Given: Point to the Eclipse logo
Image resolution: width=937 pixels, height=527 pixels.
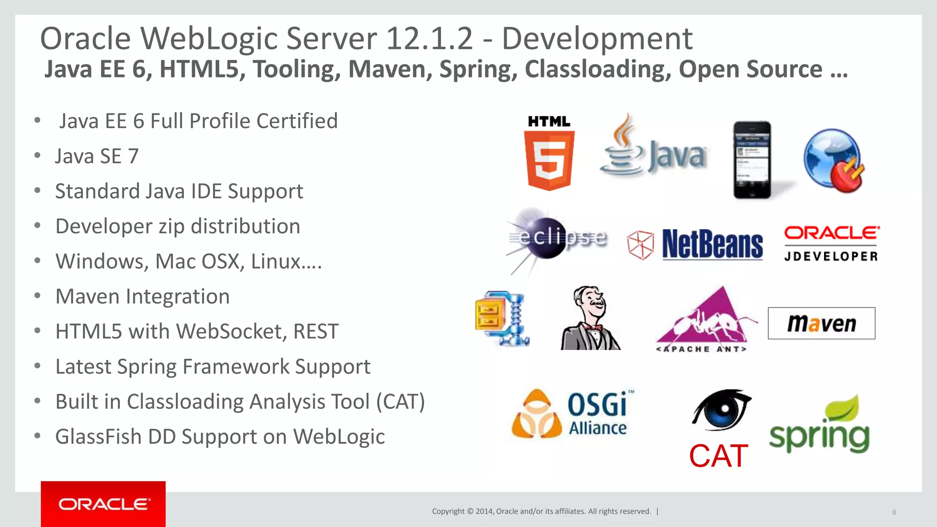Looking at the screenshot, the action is pos(556,239).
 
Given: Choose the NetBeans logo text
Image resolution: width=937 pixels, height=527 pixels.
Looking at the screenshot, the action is pos(712,245).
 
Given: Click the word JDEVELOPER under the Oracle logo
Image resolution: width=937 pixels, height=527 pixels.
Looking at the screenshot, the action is pos(831,257).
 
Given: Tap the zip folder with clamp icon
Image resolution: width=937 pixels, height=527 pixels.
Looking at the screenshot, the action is pos(502,318).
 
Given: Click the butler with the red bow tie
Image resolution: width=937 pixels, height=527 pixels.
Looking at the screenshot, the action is pos(590,318).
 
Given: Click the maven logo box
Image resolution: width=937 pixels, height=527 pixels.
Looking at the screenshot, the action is pos(821,323).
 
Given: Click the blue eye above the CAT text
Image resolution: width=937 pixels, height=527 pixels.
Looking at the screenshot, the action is pos(721,409).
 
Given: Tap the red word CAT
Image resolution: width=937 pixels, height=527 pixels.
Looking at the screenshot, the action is pos(718,456).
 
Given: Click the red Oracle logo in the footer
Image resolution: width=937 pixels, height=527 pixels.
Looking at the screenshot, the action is pos(103,504).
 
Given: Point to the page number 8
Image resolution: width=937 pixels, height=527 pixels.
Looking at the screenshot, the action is pos(894,512).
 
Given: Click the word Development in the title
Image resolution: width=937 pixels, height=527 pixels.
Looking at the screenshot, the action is pos(597,38).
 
